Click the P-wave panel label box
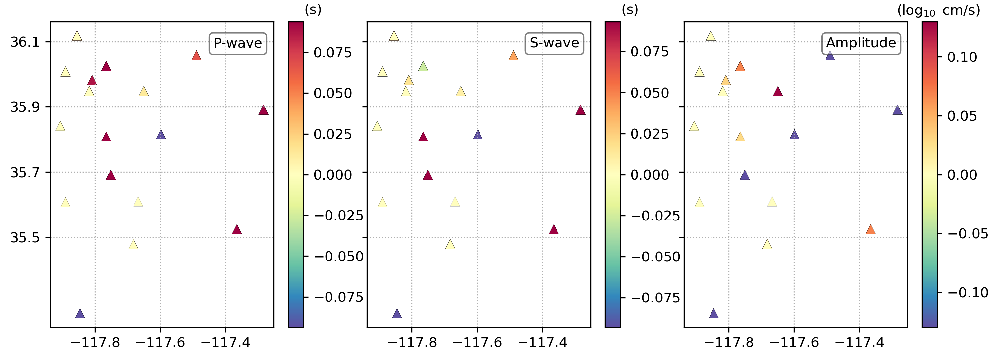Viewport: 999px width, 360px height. coord(238,43)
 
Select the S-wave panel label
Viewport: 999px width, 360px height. coord(554,43)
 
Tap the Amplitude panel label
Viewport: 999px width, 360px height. coord(861,43)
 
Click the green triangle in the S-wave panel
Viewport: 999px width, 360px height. coord(423,67)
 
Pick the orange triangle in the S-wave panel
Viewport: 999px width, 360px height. coord(513,56)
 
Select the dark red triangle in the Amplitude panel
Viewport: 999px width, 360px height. coord(778,92)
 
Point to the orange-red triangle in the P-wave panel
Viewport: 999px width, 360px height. coord(196,56)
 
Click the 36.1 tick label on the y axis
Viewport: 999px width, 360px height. coord(25,42)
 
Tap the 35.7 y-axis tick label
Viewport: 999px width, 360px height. coord(25,172)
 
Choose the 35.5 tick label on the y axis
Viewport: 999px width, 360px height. coord(25,237)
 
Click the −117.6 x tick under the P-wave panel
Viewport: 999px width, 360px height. coord(160,342)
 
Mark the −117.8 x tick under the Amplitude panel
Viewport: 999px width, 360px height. coord(729,342)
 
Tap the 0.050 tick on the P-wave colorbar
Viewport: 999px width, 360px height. coord(332,93)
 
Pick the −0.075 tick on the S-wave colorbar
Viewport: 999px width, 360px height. coord(655,298)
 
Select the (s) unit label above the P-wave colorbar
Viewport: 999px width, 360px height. coord(313,9)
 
